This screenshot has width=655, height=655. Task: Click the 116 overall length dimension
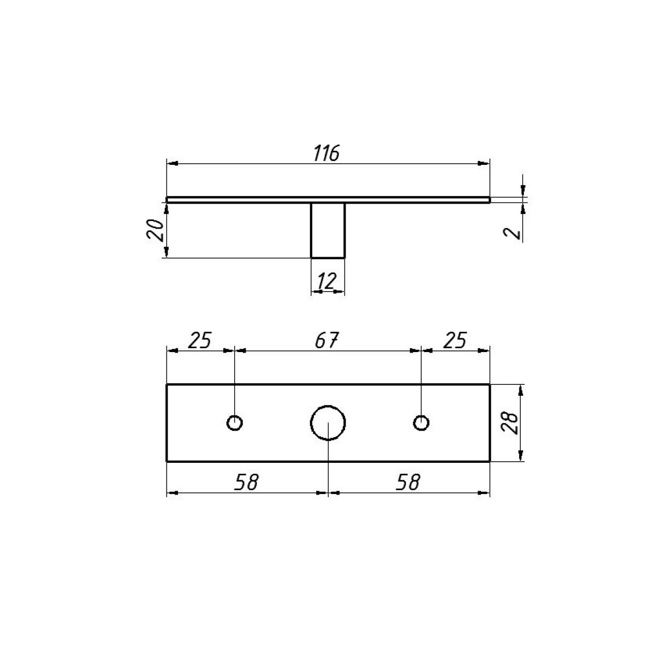pyautogui.click(x=326, y=153)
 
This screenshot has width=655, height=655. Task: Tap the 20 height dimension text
pyautogui.click(x=155, y=230)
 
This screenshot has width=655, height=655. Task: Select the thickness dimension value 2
pyautogui.click(x=512, y=233)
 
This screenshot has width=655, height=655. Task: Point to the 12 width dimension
pyautogui.click(x=326, y=281)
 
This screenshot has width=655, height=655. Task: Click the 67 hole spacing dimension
pyautogui.click(x=326, y=340)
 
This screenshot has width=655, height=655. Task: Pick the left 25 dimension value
pyautogui.click(x=200, y=340)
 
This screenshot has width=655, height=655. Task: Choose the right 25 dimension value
pyautogui.click(x=455, y=340)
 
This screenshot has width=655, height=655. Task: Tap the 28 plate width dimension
pyautogui.click(x=510, y=423)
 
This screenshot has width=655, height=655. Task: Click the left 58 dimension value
pyautogui.click(x=247, y=482)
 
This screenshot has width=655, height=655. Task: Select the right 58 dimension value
pyautogui.click(x=408, y=482)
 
